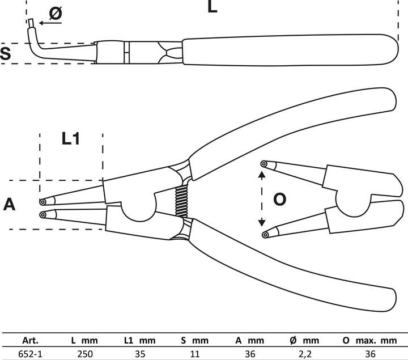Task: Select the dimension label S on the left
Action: click(6, 54)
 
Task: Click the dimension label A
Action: click(9, 205)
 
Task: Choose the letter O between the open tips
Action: click(280, 200)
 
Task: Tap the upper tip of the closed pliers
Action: click(43, 201)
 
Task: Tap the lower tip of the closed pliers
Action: click(43, 214)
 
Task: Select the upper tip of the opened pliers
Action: click(263, 164)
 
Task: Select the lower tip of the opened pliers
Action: click(263, 234)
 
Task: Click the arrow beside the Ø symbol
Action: click(46, 24)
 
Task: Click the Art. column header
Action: click(30, 341)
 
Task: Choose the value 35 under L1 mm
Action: click(139, 354)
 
